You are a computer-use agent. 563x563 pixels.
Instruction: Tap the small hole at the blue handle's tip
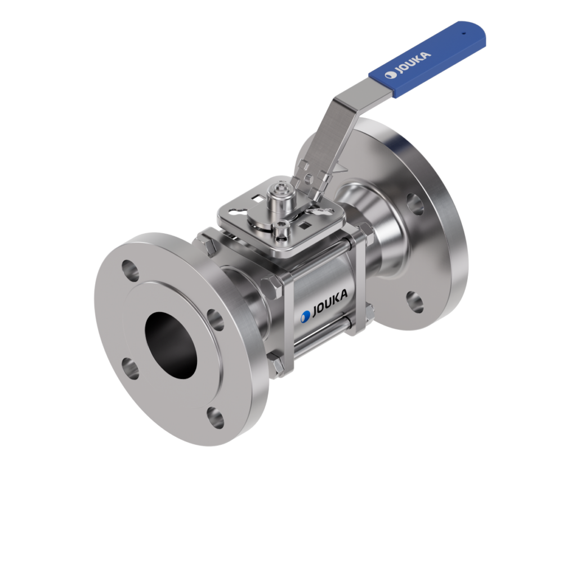[x=463, y=33]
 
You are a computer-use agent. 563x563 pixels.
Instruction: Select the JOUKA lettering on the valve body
[x=330, y=303]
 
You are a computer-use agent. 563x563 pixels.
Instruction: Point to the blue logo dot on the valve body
[x=305, y=316]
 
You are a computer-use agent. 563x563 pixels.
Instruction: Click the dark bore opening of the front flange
[x=171, y=346]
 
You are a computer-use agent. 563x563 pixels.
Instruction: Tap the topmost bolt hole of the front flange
[x=130, y=271]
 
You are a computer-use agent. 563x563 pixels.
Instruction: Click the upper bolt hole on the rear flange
[x=415, y=204]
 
